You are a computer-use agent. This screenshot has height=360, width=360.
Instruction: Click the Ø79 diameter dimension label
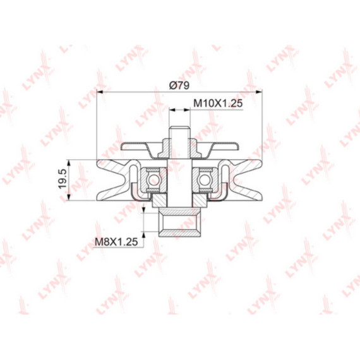(x=179, y=85)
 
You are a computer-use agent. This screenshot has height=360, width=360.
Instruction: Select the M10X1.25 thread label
(x=218, y=104)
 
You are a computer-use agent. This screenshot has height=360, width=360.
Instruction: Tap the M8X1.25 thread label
(x=116, y=242)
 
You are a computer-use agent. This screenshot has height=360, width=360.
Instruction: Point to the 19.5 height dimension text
(x=63, y=179)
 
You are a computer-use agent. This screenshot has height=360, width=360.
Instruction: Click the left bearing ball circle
(x=153, y=180)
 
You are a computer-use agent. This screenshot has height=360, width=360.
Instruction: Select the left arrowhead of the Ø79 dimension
(x=100, y=92)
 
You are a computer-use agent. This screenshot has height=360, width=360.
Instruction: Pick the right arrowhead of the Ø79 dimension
(x=259, y=92)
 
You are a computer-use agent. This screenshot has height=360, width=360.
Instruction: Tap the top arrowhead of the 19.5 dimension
(x=69, y=163)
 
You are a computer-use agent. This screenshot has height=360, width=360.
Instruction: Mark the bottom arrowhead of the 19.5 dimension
(x=69, y=197)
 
